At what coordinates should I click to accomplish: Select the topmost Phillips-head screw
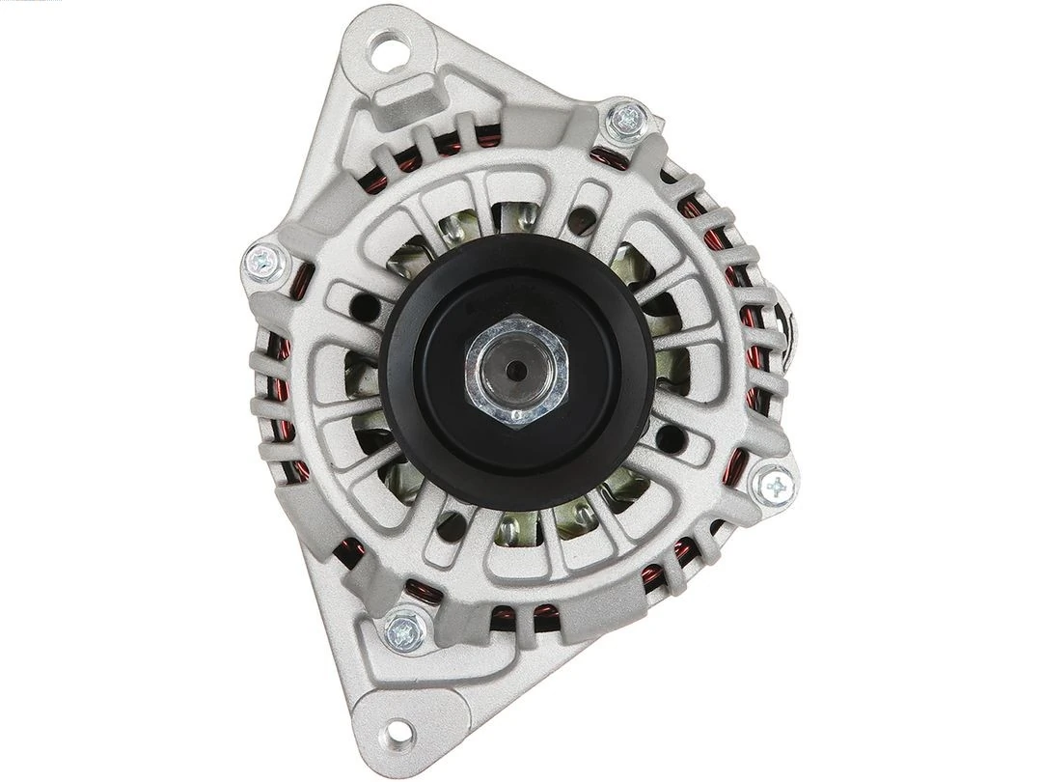coord(628,119)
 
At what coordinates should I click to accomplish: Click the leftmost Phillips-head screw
coord(262,260)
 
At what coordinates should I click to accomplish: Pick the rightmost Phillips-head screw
coord(774,487)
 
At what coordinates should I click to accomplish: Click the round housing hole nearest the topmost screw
coord(582,221)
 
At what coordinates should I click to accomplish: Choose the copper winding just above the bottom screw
coord(421,591)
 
